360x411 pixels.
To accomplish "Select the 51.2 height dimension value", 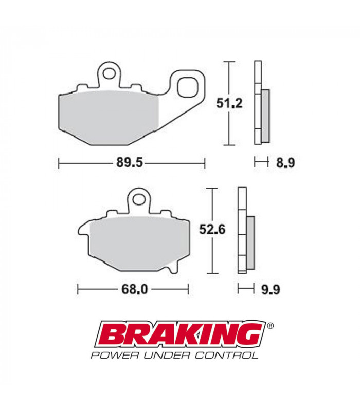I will click(228, 103).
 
